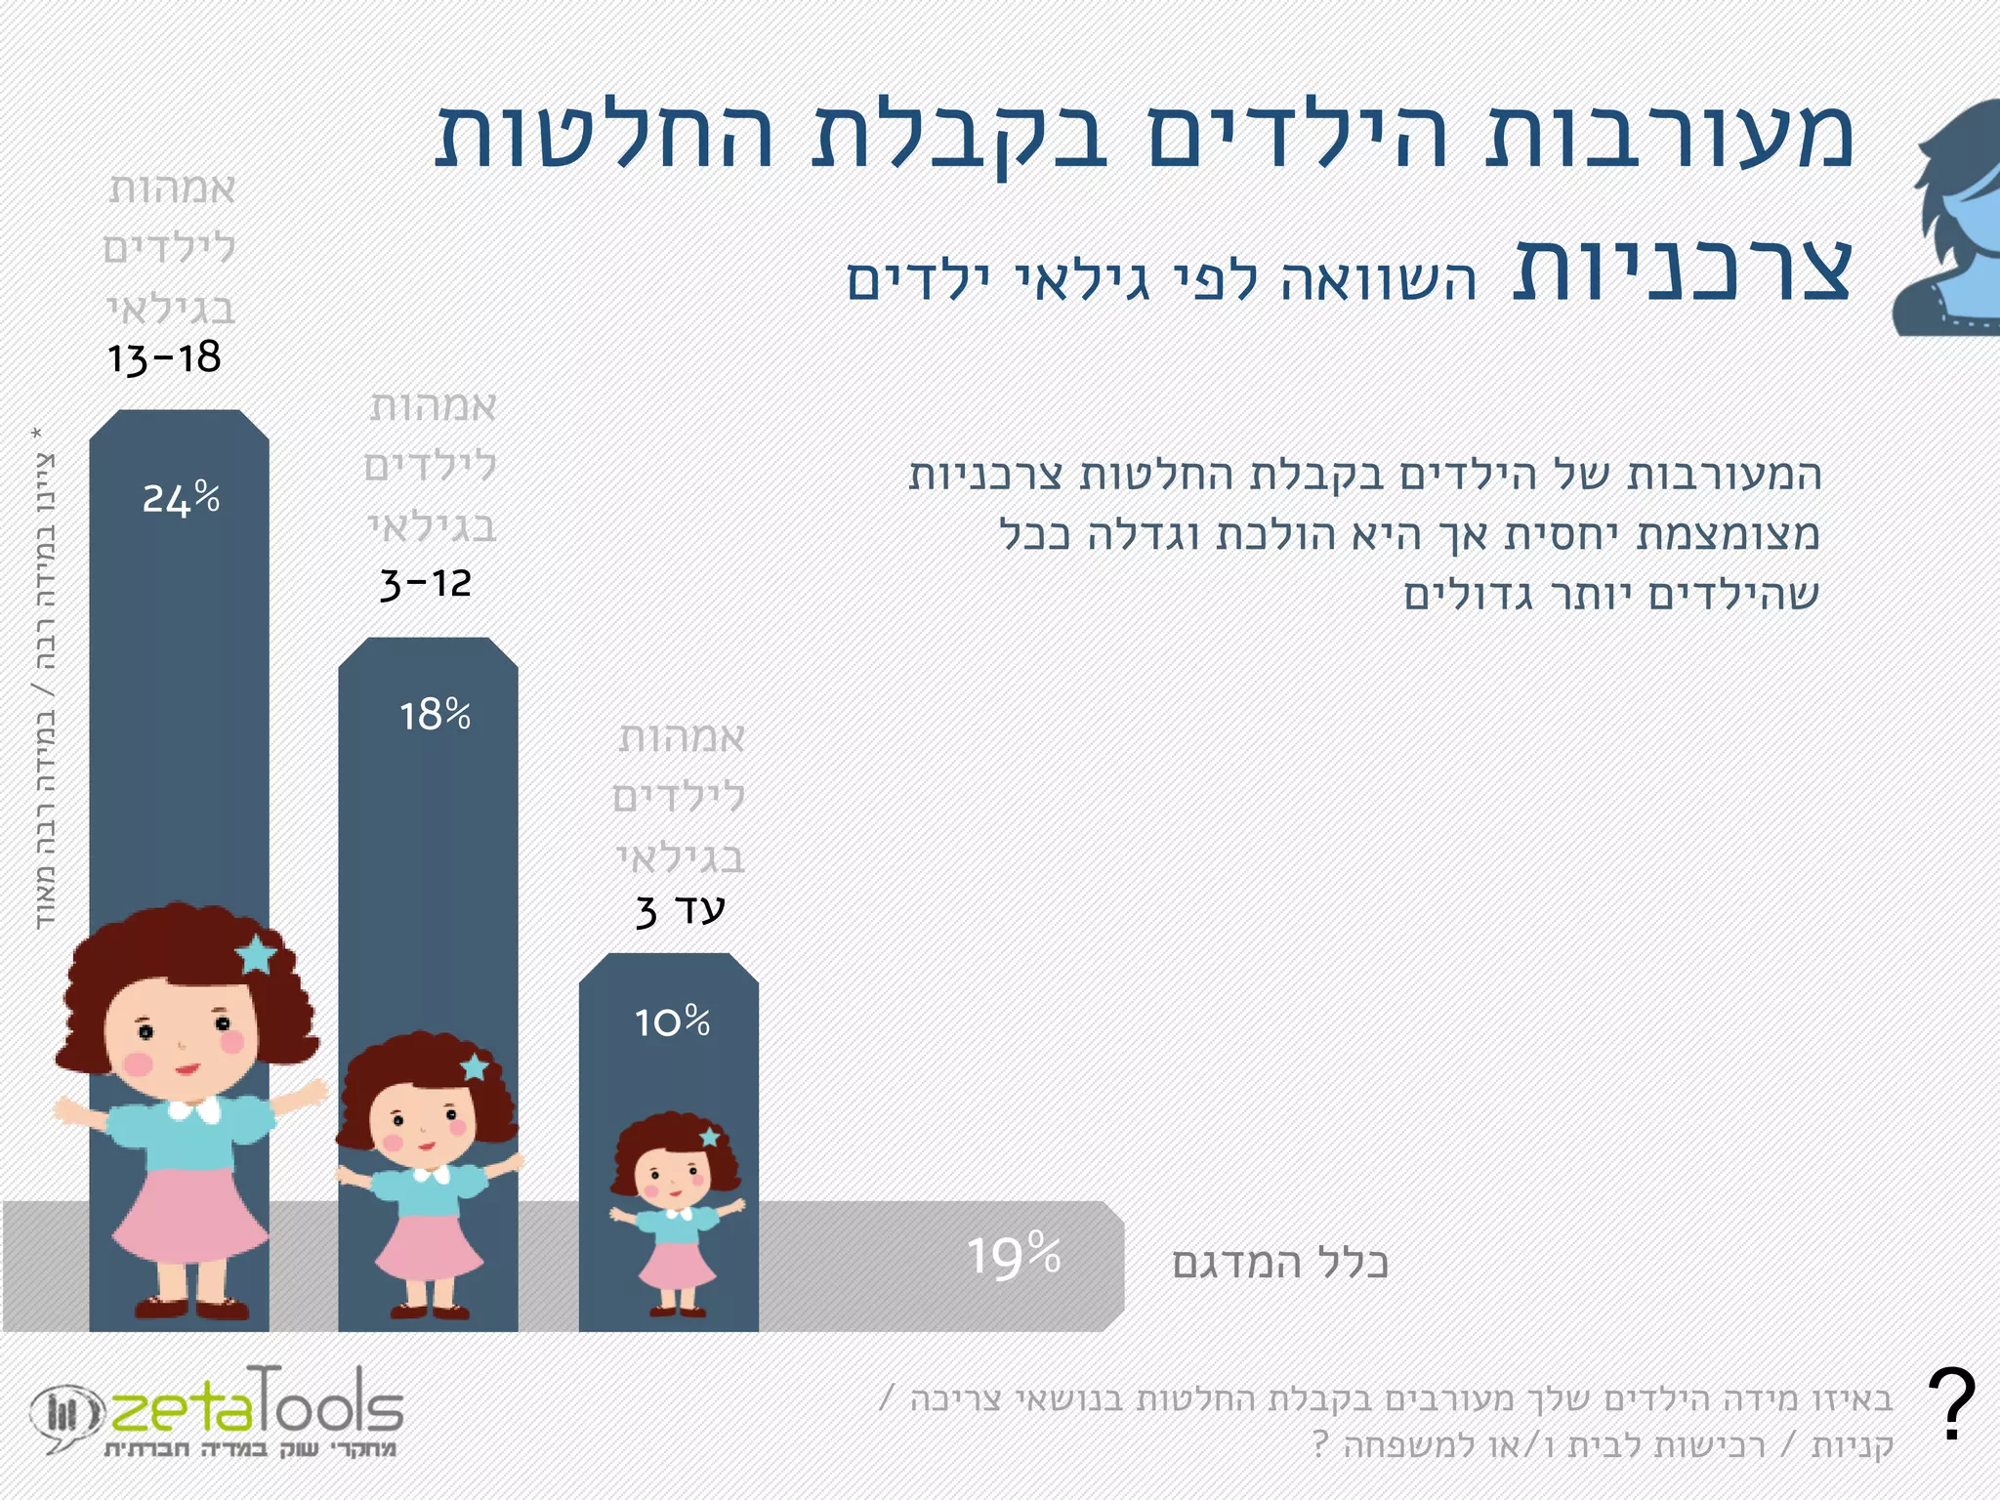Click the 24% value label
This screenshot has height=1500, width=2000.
181,498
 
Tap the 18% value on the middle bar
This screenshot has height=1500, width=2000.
435,716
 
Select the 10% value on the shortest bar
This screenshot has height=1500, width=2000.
672,1022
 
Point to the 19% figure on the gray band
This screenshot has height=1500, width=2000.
1014,1257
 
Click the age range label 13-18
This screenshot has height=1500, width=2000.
165,358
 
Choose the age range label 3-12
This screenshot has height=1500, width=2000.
426,584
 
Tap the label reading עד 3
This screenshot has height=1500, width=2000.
680,910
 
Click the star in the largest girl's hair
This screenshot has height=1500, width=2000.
257,954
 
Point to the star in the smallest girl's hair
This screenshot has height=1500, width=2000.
710,1138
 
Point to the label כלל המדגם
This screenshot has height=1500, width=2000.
1280,1263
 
